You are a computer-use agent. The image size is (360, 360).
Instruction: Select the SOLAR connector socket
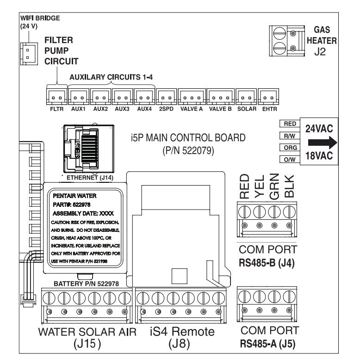click(x=246, y=97)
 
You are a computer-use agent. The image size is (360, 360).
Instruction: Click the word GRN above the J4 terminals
click(x=274, y=186)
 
